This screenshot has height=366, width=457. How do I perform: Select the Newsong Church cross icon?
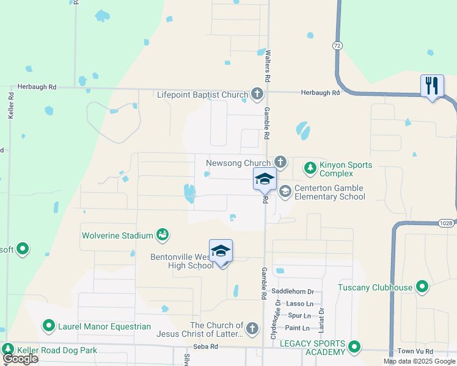[280, 162]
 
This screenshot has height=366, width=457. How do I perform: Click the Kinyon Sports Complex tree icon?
[310, 167]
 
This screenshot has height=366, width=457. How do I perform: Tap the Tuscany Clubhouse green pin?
[422, 286]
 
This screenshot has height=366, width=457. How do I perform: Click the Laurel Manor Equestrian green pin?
[48, 326]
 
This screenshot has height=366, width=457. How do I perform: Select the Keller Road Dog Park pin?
[9, 350]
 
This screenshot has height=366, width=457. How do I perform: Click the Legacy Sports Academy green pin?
[354, 348]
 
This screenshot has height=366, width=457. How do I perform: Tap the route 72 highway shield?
[337, 46]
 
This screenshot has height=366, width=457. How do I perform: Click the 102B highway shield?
[447, 223]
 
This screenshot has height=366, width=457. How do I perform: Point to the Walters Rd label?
[267, 66]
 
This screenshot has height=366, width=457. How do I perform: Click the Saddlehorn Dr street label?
[296, 292]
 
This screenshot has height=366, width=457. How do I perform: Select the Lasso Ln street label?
[300, 303]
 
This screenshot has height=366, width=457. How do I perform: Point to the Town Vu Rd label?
[415, 351]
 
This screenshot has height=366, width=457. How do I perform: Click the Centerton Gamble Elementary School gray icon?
[285, 192]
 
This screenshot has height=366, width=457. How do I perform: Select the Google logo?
[20, 359]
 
